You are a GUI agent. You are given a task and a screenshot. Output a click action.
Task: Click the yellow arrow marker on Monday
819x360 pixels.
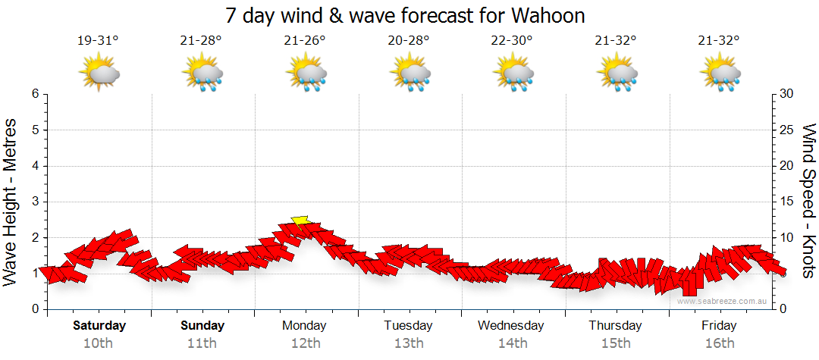(x=300, y=221)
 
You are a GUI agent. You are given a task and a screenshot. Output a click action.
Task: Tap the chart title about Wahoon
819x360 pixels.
(x=406, y=15)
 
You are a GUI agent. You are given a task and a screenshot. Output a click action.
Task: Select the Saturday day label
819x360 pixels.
(x=99, y=326)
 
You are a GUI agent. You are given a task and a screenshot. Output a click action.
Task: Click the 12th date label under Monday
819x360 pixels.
(x=304, y=343)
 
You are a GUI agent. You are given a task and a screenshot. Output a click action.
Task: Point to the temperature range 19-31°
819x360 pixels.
(x=98, y=40)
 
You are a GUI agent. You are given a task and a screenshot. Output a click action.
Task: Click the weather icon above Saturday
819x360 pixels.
(x=99, y=74)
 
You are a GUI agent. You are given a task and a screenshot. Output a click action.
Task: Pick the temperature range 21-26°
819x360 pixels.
(x=305, y=40)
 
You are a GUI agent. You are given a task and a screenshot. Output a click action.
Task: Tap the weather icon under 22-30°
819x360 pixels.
(x=513, y=74)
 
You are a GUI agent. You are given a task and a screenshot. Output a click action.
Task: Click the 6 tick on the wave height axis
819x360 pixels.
(x=35, y=94)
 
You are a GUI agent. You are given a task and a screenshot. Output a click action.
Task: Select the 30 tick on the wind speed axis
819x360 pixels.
(x=786, y=94)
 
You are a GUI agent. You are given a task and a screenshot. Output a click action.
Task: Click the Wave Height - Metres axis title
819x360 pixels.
(x=11, y=202)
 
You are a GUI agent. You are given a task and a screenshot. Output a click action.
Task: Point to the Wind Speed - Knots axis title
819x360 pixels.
(x=808, y=202)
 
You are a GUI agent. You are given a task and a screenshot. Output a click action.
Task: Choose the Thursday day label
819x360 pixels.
(x=615, y=326)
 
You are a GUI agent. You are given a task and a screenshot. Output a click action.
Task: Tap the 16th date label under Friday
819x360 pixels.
(x=719, y=343)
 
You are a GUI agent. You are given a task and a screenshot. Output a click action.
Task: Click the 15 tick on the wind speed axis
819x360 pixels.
(x=786, y=202)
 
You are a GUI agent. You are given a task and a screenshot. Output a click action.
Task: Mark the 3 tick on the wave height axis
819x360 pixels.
(x=35, y=202)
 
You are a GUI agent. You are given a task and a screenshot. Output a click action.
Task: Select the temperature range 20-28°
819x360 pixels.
(x=409, y=40)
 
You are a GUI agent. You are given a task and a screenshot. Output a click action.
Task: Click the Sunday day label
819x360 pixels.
(x=202, y=326)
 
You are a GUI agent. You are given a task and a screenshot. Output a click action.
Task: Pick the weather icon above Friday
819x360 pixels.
(x=720, y=74)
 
